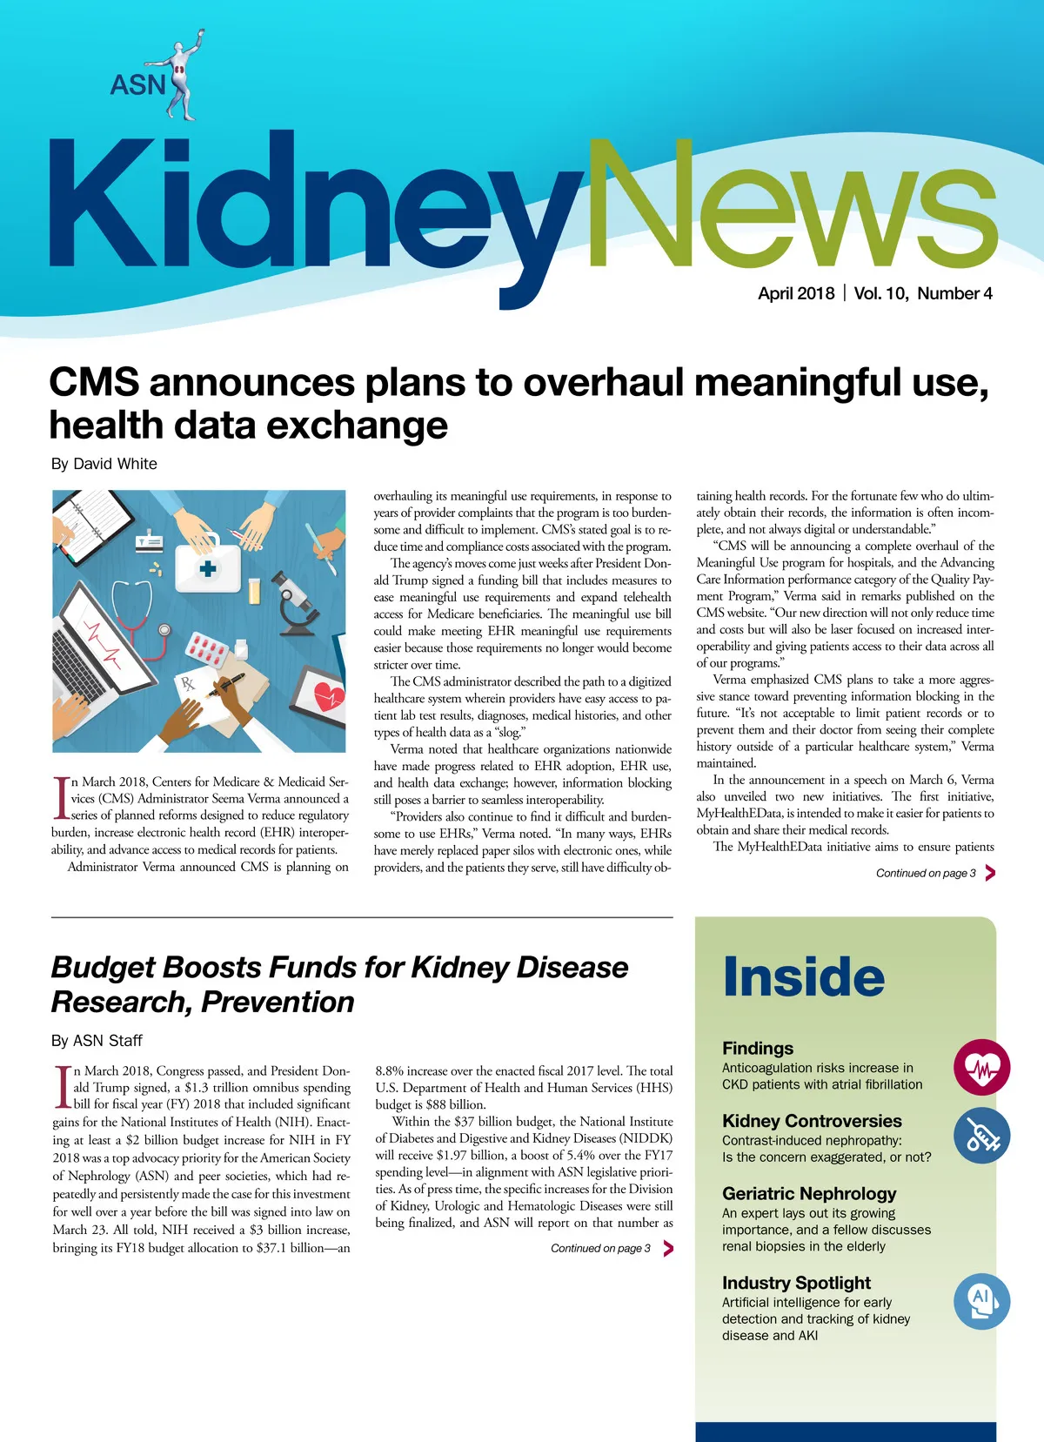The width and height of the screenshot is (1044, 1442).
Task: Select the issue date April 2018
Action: pos(795,293)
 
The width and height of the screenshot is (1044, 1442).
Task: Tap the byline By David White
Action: pos(104,464)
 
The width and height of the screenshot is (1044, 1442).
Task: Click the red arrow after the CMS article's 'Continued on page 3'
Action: pos(990,873)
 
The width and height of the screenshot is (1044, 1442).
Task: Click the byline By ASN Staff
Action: pos(96,1041)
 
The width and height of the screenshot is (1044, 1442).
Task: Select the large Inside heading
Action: pos(803,977)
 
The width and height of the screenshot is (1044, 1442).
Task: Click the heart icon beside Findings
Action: pos(981,1067)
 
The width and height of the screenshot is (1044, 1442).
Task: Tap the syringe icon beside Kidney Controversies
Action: pos(981,1136)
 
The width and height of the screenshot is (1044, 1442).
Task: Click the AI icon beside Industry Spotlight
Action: pos(980,1300)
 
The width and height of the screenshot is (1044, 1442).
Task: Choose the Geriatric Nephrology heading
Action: pos(808,1194)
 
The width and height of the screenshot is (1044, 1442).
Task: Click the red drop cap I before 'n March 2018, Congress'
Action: pos(62,1088)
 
